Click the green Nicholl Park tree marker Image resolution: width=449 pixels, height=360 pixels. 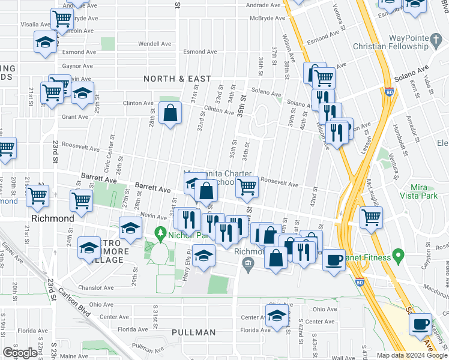coord(160,233)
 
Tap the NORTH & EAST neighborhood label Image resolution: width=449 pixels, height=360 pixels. coord(177,79)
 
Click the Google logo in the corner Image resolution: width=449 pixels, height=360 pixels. coord(19,353)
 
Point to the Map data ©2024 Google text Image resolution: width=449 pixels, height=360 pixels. coord(412,355)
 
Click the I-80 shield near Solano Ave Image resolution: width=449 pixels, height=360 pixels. coord(390,93)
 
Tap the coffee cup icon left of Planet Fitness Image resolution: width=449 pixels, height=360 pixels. coord(335,260)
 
